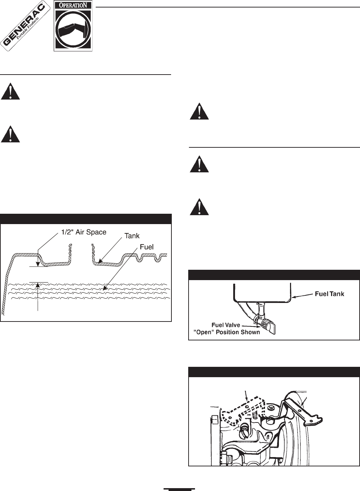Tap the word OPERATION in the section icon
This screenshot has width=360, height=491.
73,6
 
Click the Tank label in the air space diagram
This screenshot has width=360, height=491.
132,236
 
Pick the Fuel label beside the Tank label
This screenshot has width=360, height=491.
146,247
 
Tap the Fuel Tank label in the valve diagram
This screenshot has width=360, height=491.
329,294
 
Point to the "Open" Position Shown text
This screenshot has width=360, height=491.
226,332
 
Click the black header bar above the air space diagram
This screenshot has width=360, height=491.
86,219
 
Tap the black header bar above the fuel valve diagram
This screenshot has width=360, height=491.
274,275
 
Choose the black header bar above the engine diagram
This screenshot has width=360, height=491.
274,372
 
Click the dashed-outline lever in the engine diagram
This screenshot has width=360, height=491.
243,410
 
